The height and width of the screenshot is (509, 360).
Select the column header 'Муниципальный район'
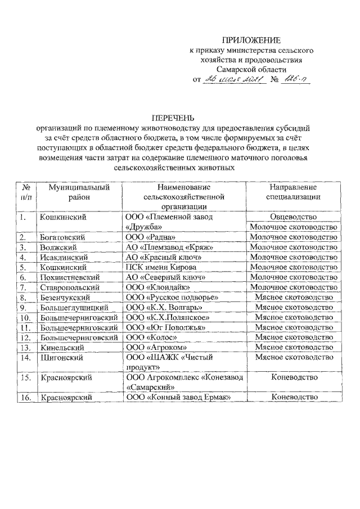tap(78, 192)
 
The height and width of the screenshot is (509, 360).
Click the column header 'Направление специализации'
tap(292, 192)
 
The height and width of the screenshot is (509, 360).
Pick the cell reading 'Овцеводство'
tap(292, 217)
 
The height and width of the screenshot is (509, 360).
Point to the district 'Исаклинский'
tap(63, 257)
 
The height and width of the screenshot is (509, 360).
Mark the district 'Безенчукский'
tap(65, 298)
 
